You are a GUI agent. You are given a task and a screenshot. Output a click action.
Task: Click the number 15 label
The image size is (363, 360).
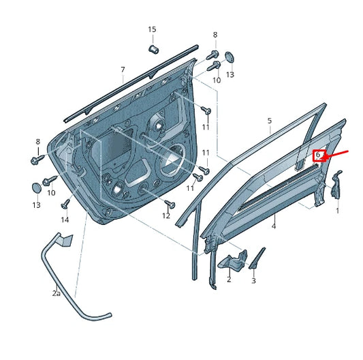pyautogui.click(x=152, y=29)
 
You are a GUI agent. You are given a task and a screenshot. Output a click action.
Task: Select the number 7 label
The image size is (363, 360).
pyautogui.click(x=123, y=70)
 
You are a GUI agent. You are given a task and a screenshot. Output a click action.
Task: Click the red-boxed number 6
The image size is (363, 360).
pyautogui.click(x=317, y=156)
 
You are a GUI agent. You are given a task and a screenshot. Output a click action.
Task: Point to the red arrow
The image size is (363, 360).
pyautogui.click(x=338, y=153)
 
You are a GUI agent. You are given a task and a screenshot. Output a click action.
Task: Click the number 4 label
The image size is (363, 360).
pyautogui.click(x=274, y=226)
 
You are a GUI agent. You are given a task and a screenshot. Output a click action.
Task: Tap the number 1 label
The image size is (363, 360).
pyautogui.click(x=336, y=211)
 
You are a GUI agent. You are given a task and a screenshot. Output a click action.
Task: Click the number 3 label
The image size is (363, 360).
pyautogui.click(x=253, y=280)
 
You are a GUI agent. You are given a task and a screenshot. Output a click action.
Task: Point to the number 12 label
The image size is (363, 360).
pyautogui.click(x=165, y=215)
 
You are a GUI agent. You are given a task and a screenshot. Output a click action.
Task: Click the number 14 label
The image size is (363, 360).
pyautogui.click(x=65, y=220)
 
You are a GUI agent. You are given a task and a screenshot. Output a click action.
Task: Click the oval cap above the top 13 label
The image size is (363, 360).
pyautogui.click(x=230, y=57)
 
